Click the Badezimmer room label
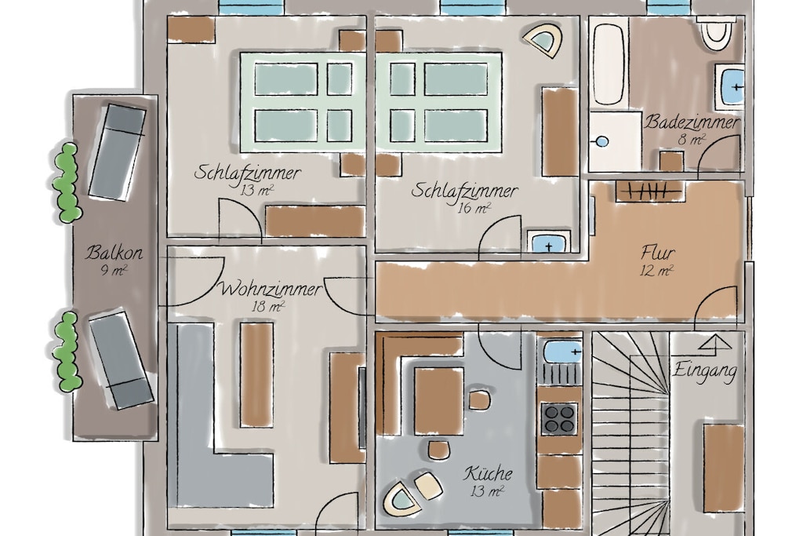coord(692,122)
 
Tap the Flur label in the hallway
coord(658,253)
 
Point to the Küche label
coord(488,473)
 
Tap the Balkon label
coord(114,253)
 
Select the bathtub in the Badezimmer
coord(609,64)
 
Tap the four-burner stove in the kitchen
coord(559,418)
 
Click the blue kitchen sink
coord(561,352)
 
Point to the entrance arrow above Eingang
coord(715,344)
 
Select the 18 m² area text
coord(268,307)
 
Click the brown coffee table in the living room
coord(256,374)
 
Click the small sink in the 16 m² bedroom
coord(548,243)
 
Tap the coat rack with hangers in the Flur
coord(649,191)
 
